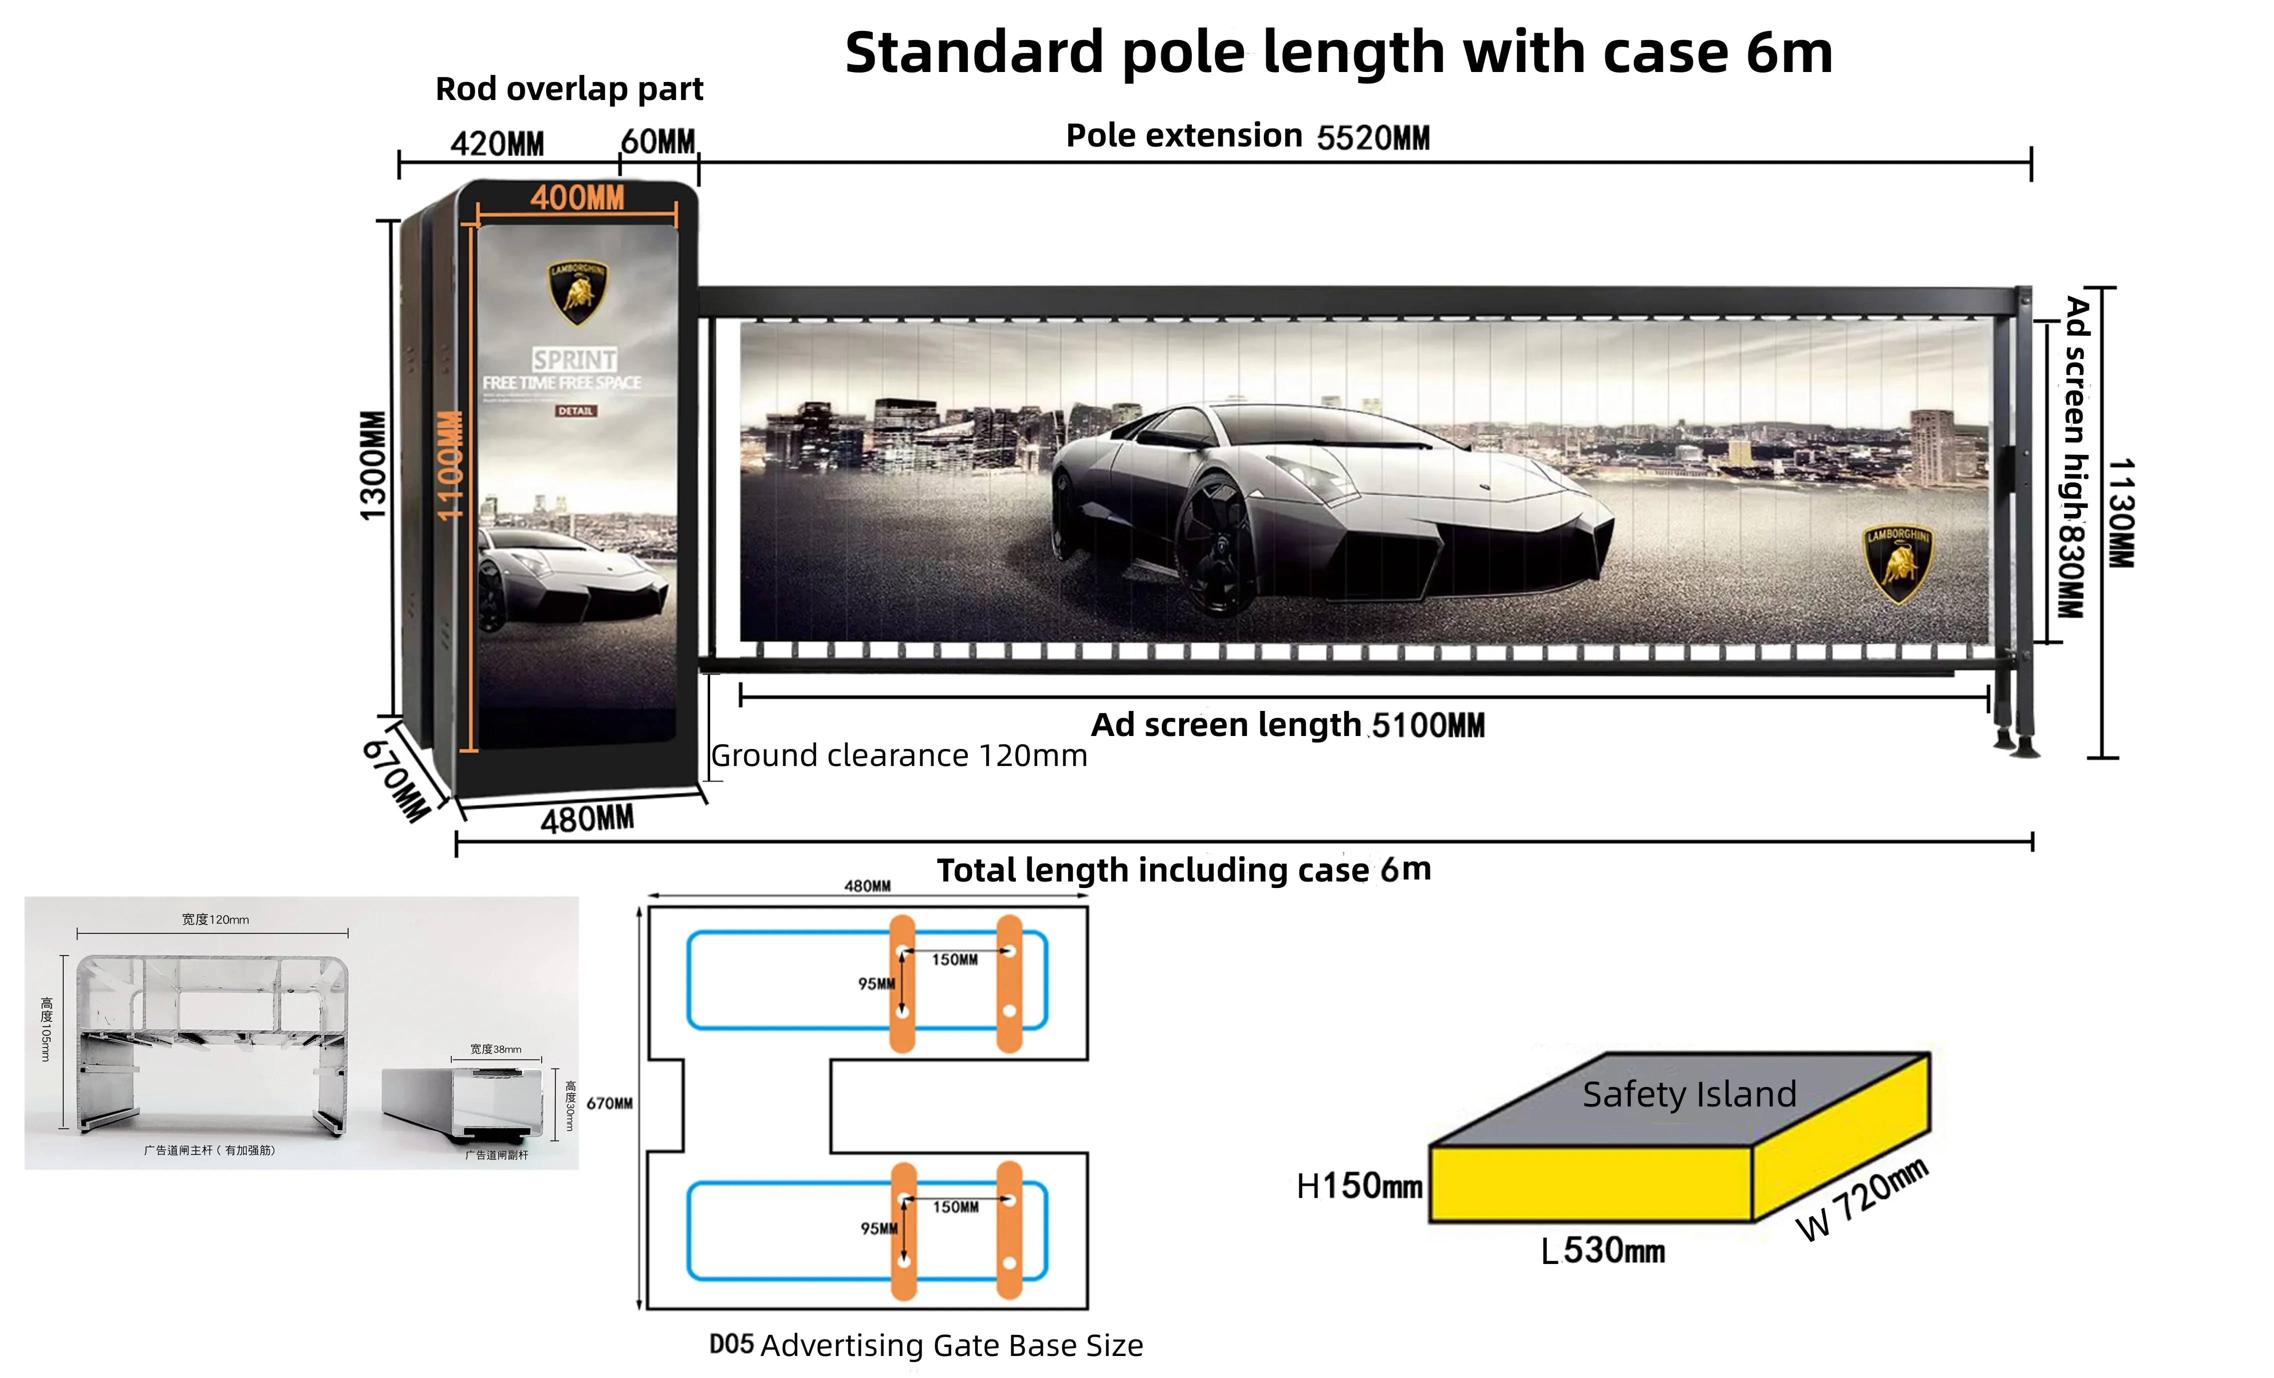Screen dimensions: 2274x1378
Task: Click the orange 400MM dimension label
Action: coord(577,197)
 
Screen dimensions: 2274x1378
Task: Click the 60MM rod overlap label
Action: coord(658,142)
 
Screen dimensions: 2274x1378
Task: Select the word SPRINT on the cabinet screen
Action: coord(574,359)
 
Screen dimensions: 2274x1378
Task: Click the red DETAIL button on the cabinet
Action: coord(575,410)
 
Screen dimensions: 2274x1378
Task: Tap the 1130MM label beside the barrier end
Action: coord(2121,512)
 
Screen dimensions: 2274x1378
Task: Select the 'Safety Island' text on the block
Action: coord(1689,1094)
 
